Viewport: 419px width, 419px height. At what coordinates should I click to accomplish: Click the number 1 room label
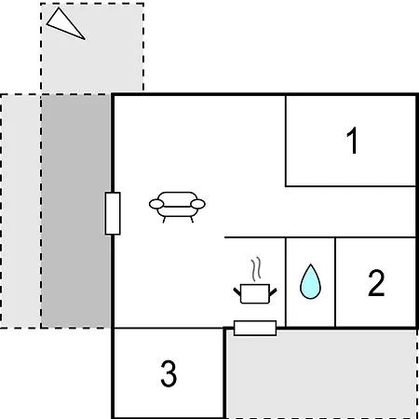[352, 141]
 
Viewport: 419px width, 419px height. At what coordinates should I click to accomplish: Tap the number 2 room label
[376, 283]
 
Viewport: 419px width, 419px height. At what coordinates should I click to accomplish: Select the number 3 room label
[169, 373]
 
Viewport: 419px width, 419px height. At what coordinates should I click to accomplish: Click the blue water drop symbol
[310, 282]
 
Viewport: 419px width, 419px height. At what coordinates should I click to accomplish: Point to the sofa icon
[177, 207]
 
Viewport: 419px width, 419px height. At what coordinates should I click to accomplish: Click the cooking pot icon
[255, 293]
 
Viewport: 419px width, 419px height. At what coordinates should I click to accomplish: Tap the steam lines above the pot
[256, 269]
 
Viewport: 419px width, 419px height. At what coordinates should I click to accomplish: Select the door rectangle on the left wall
[113, 213]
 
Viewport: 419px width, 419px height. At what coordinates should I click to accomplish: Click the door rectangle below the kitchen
[255, 328]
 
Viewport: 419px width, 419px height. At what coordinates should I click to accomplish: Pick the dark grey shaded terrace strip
[76, 211]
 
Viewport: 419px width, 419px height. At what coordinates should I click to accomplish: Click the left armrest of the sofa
[156, 204]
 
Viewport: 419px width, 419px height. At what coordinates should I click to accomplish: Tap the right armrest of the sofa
[197, 204]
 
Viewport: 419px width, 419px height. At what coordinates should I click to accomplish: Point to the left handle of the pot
[237, 291]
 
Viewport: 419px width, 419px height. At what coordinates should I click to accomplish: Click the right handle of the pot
[273, 292]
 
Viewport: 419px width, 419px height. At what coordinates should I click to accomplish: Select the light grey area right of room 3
[321, 374]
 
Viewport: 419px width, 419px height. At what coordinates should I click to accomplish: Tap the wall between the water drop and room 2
[335, 282]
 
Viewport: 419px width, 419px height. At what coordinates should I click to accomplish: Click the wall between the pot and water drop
[286, 282]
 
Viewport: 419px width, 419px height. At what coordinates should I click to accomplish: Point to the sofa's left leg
[164, 220]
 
